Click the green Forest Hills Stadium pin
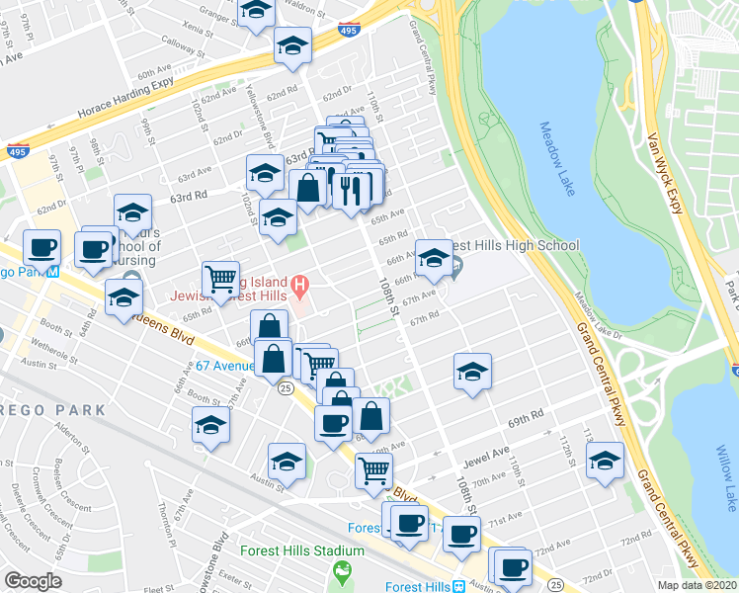click(x=343, y=571)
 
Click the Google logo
click(x=33, y=581)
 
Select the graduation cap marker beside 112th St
click(x=605, y=460)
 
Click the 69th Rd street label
click(x=527, y=419)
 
